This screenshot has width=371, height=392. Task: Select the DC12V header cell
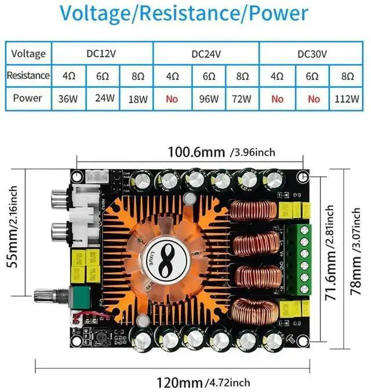tap(102, 54)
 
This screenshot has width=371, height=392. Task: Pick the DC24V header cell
tap(206, 54)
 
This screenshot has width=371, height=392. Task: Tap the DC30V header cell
tap(312, 54)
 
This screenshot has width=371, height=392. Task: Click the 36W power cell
tap(68, 98)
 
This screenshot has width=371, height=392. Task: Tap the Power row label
tap(27, 98)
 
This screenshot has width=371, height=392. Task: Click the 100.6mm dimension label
tap(197, 152)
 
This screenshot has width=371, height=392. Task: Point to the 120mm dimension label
tap(179, 382)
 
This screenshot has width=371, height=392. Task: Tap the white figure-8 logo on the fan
tap(166, 261)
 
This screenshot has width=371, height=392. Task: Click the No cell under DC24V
tap(172, 98)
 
